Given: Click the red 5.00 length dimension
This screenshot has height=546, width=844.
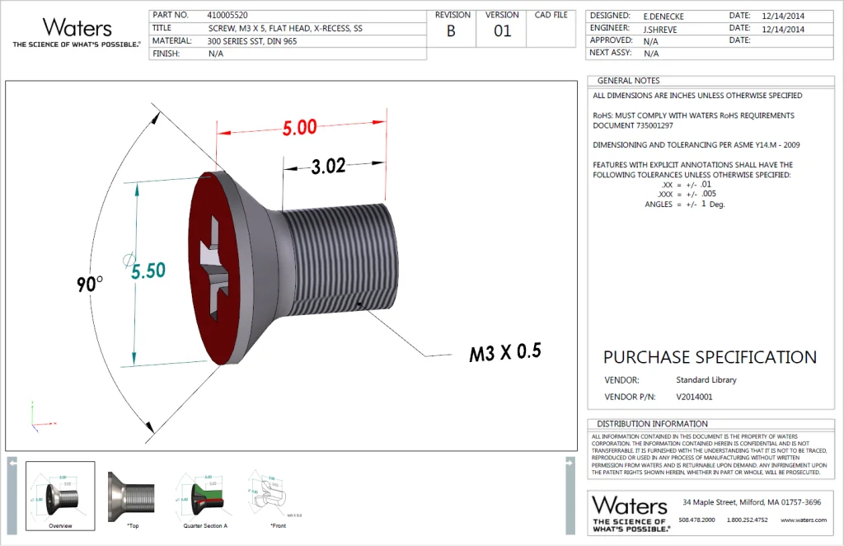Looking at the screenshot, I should tap(299, 128).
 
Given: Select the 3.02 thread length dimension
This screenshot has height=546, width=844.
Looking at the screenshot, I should tap(328, 166).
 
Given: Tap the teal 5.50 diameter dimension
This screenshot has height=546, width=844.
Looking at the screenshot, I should tap(148, 271).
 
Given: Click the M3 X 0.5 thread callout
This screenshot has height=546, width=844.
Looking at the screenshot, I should tap(504, 353).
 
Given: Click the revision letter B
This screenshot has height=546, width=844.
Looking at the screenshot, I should tap(451, 32).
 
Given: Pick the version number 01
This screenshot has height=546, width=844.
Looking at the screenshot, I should tap(502, 32).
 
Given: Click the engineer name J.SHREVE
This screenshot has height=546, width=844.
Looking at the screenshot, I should tap(662, 28).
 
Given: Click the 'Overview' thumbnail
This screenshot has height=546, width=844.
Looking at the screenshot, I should tap(60, 495).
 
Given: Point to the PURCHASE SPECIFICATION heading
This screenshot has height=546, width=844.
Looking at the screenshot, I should tap(710, 357).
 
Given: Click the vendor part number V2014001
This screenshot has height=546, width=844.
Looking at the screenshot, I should tap(694, 397).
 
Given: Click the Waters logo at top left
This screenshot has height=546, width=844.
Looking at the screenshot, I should tap(76, 31).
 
